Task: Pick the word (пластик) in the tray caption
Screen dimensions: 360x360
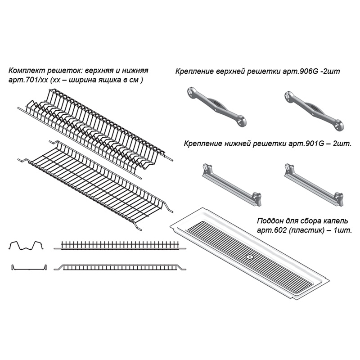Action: coord(306,230)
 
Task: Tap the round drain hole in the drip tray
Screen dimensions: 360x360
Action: coord(248,258)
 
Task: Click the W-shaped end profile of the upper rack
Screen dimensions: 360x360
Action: coord(26,246)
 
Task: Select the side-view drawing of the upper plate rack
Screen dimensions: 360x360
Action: coord(119,246)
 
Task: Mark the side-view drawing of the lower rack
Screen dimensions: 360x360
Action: coord(119,267)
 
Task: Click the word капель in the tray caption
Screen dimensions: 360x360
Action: coord(338,221)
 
